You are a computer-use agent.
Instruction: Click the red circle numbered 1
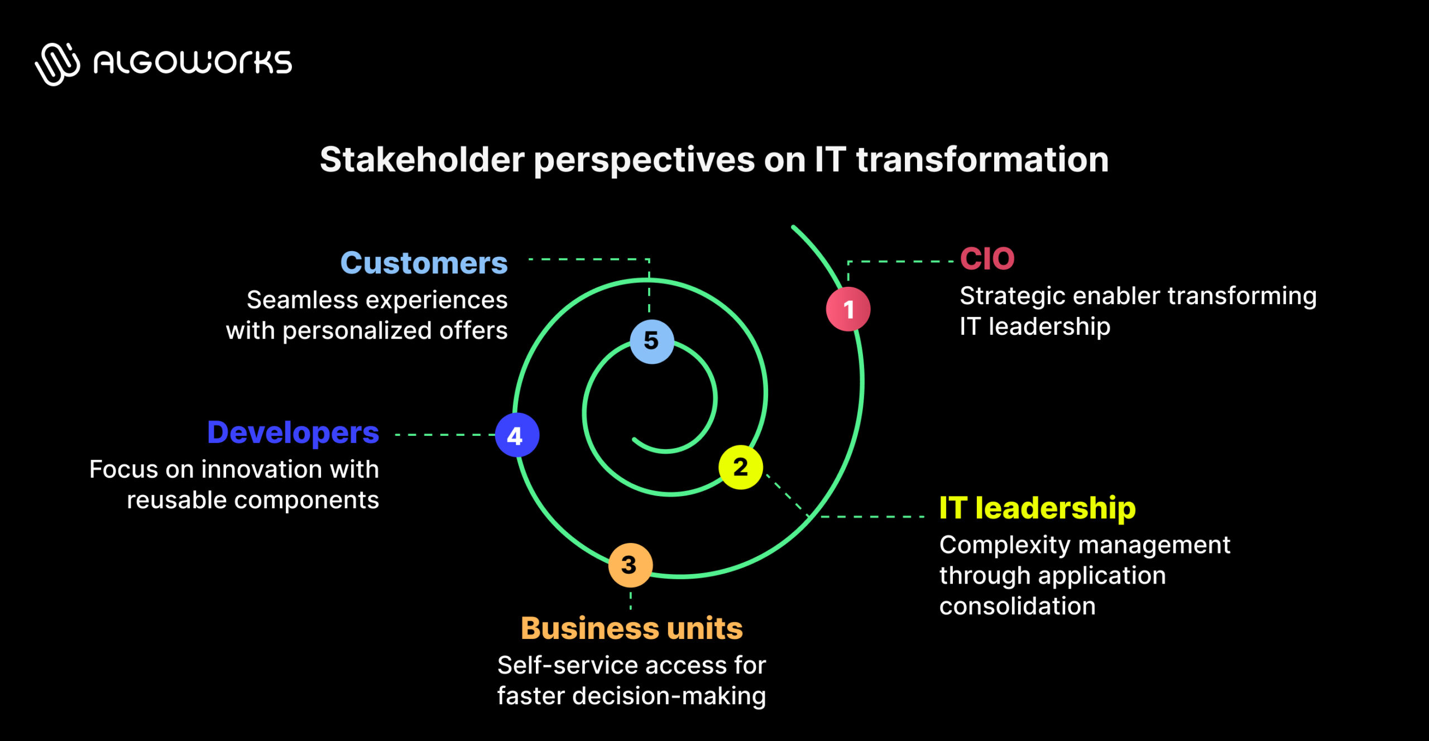point(848,309)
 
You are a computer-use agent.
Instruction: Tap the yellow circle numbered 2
point(740,467)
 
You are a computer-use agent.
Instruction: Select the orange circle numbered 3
point(630,565)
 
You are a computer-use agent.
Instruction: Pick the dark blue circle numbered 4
point(517,435)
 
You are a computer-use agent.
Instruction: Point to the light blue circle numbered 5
point(651,341)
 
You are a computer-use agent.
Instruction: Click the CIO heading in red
point(987,258)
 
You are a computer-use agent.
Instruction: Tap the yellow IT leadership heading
point(1037,508)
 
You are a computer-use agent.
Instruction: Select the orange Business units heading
point(631,628)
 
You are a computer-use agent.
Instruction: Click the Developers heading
point(292,432)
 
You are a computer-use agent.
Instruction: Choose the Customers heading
point(424,263)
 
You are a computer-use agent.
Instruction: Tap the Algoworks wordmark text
point(193,62)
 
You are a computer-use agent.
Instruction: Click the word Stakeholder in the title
point(422,160)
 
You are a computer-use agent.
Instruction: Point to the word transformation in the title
point(982,160)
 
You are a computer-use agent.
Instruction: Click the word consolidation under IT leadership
point(1017,606)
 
